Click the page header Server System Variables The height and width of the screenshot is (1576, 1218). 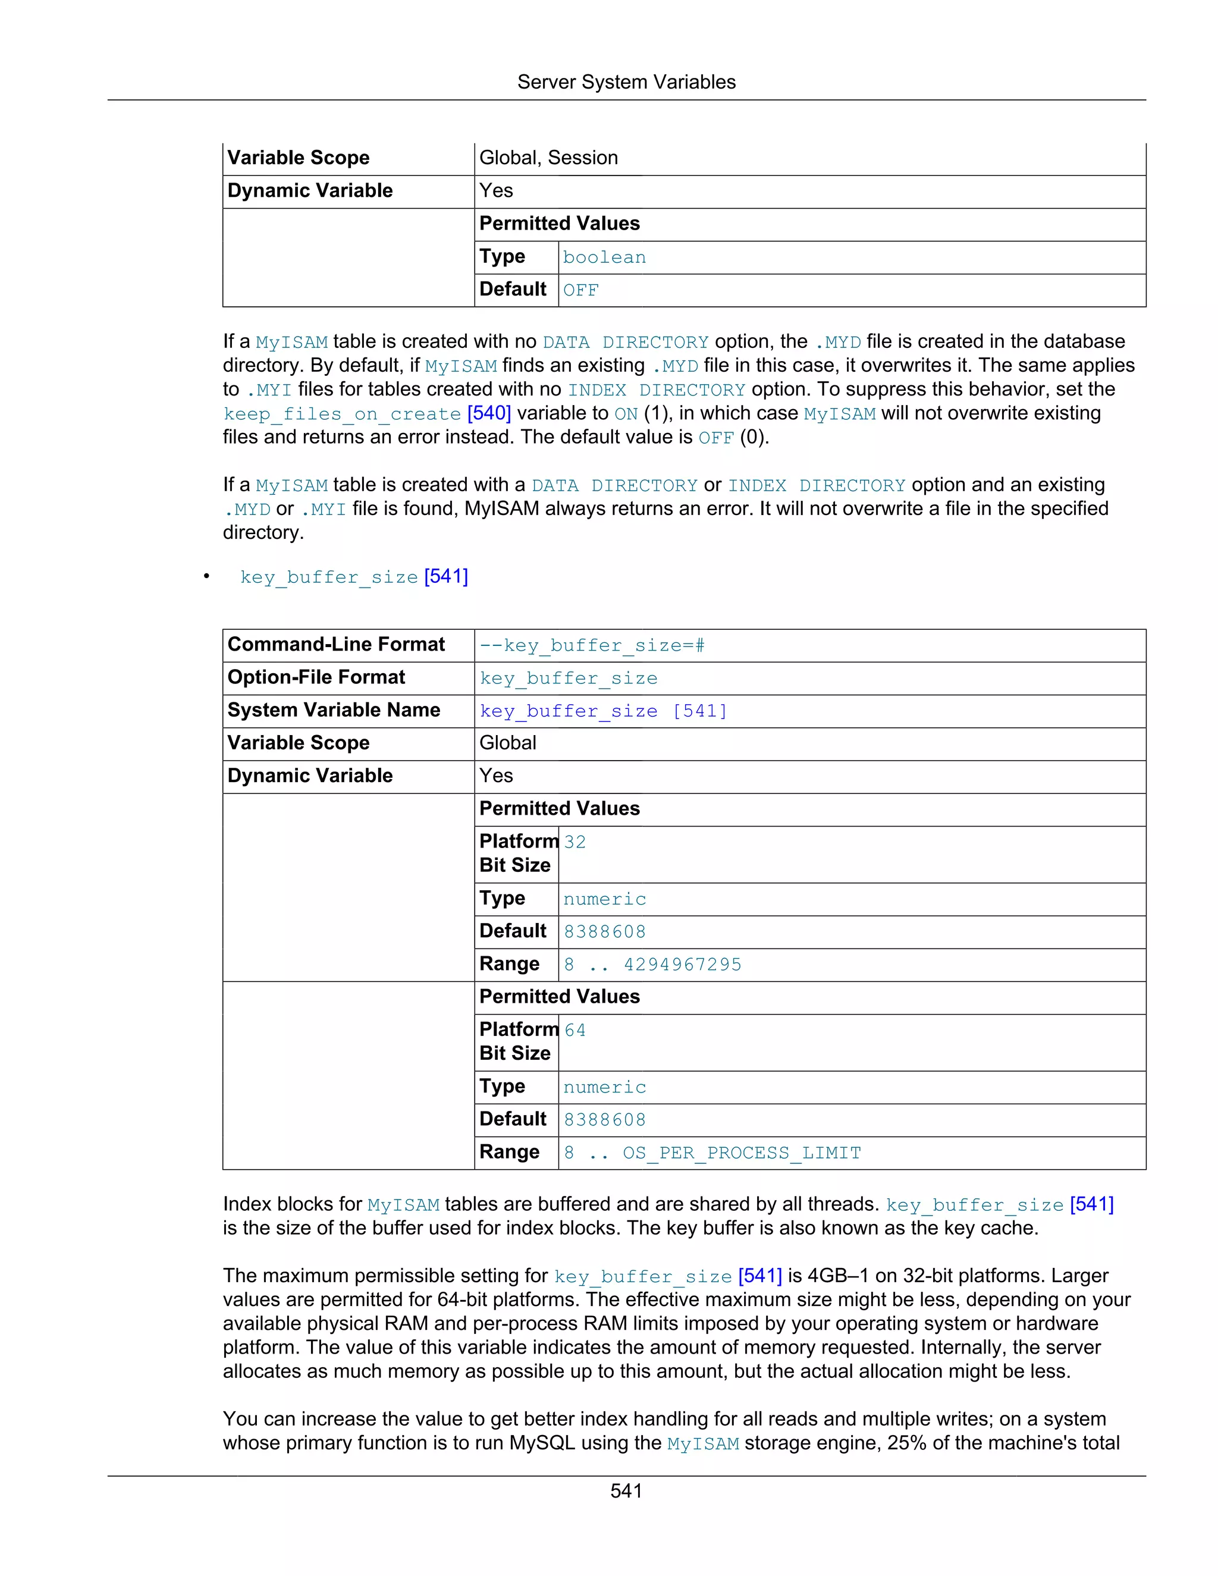click(x=626, y=82)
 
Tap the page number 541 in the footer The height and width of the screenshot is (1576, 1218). click(x=626, y=1490)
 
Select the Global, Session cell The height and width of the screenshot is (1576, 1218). click(x=548, y=158)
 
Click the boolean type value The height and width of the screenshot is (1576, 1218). click(x=604, y=258)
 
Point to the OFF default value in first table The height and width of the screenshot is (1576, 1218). click(x=581, y=290)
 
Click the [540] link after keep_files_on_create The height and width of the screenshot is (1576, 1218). click(x=489, y=413)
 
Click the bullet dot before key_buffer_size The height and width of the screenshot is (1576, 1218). click(x=206, y=576)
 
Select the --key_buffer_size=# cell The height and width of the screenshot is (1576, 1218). click(x=592, y=645)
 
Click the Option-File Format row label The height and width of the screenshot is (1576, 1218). click(x=316, y=677)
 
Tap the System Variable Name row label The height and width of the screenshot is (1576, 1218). click(x=334, y=710)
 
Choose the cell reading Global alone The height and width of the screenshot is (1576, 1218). click(x=507, y=743)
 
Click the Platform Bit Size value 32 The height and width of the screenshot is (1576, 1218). click(x=575, y=842)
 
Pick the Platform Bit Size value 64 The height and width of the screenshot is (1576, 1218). click(x=575, y=1031)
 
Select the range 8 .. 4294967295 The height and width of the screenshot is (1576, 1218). click(x=652, y=965)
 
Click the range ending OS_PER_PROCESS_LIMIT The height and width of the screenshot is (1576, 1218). click(x=712, y=1153)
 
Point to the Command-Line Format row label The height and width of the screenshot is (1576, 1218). click(x=335, y=645)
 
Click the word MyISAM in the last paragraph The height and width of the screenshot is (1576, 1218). click(x=703, y=1444)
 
